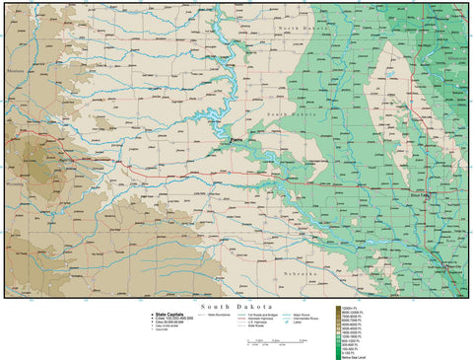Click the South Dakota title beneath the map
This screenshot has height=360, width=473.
point(236,307)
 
